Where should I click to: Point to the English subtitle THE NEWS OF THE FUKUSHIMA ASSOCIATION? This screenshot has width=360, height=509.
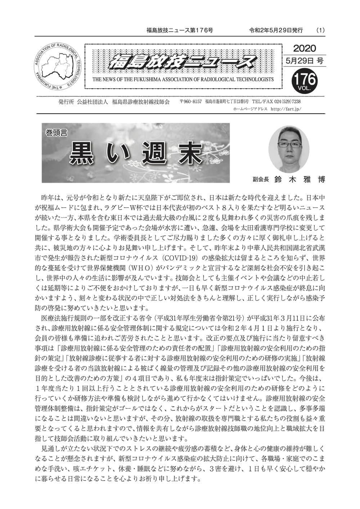[x=183, y=79]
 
